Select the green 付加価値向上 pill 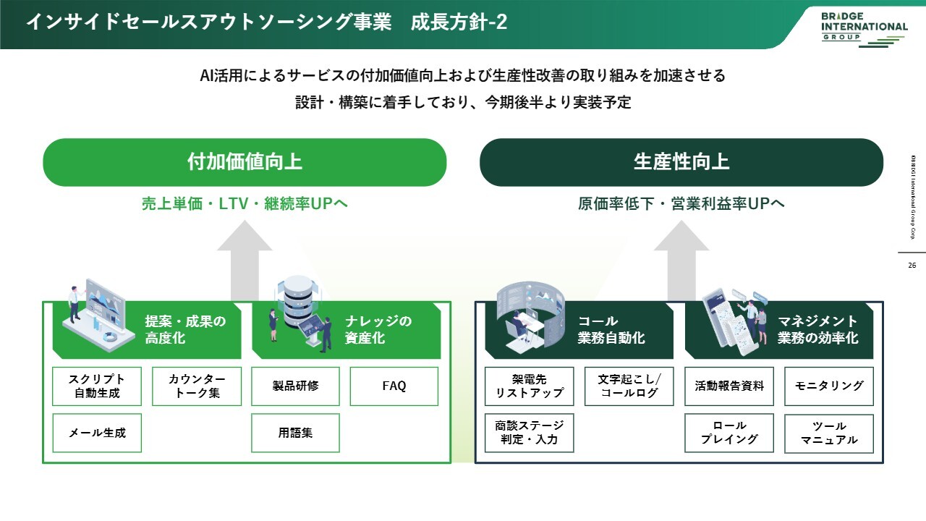245,162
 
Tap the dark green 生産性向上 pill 681,162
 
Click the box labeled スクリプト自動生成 97,386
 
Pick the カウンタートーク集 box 197,386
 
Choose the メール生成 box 97,433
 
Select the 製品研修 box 295,386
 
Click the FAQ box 394,386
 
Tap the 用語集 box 295,433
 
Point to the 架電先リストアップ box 529,386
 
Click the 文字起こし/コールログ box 629,386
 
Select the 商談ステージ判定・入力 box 529,433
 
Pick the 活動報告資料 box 729,386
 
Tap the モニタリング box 829,386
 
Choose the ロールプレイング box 729,433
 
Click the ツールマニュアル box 829,433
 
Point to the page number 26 912,266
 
